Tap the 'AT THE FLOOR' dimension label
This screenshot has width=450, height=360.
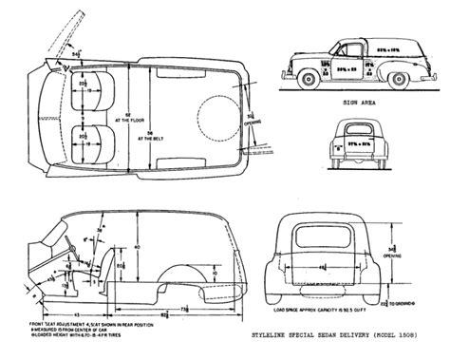(153, 122)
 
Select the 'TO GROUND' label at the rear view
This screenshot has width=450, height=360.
(403, 303)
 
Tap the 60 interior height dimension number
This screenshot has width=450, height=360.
(136, 245)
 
